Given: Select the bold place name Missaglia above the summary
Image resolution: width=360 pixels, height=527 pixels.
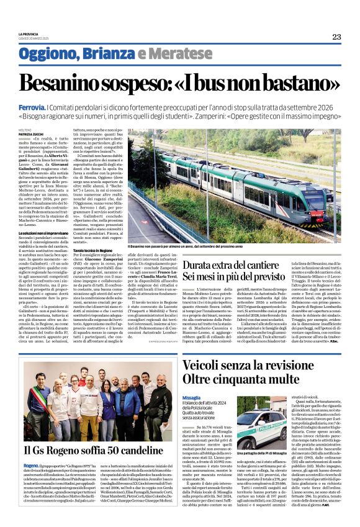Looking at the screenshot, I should pos(191,396).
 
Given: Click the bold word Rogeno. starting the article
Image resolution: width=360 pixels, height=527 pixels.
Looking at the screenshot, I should pos(31,465).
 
